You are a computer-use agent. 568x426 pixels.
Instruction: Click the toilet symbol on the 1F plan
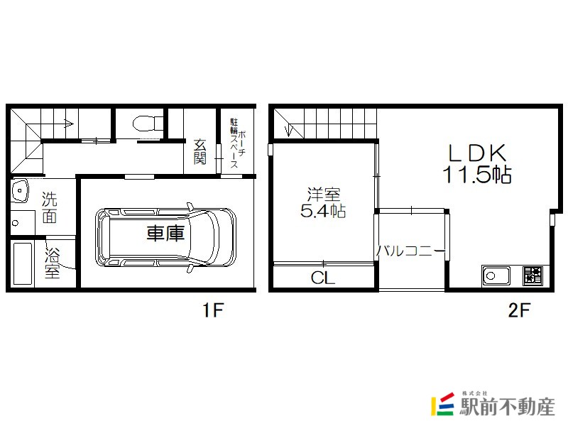[x=148, y=123]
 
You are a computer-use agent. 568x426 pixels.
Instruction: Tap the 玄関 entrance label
[x=200, y=152]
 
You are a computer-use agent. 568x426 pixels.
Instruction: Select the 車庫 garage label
[x=165, y=233]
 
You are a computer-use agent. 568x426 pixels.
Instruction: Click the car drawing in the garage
[x=165, y=238]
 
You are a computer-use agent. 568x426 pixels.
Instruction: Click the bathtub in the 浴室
[x=23, y=263]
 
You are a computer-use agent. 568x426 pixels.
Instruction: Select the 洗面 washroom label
[x=49, y=207]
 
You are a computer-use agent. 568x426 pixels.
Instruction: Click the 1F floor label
[x=212, y=310]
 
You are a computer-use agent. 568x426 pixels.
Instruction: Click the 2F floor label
[x=519, y=310]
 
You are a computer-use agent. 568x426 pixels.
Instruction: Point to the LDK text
[x=477, y=153]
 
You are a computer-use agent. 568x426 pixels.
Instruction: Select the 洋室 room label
[x=324, y=194]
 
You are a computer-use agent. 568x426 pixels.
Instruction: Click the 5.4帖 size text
[x=323, y=211]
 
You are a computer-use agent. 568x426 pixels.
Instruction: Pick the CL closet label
[x=323, y=278]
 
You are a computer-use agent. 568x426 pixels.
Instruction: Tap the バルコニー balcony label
[x=411, y=251]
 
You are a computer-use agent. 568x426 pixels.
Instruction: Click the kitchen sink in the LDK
[x=496, y=276]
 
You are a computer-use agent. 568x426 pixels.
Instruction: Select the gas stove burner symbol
[x=533, y=275]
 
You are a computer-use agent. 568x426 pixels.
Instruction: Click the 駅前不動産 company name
[x=507, y=407]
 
